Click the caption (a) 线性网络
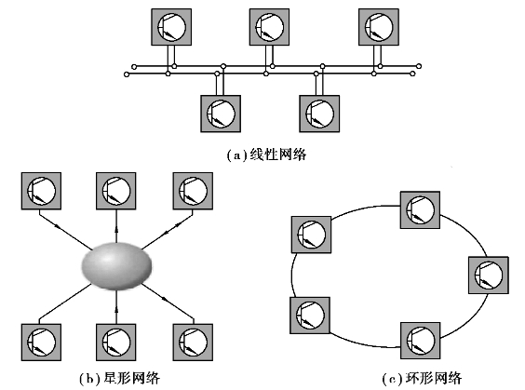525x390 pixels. [266, 155]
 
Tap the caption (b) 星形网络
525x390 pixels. [120, 378]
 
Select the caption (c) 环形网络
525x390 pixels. [422, 378]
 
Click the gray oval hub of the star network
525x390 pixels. [116, 266]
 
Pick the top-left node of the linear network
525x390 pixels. [171, 27]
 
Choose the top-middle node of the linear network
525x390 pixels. [269, 27]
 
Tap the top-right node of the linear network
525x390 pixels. [379, 27]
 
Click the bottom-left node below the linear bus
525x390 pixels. [221, 114]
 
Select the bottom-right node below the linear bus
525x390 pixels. [319, 114]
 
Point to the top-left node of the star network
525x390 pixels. [41, 191]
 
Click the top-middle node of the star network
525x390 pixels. [116, 191]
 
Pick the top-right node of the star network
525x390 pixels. [193, 191]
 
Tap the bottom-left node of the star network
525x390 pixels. [41, 343]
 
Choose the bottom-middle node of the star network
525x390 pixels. [116, 343]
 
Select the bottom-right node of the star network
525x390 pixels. [193, 343]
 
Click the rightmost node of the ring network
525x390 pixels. [489, 276]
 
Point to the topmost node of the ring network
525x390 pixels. [420, 210]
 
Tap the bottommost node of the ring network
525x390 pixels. [421, 341]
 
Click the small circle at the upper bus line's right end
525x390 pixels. [419, 66]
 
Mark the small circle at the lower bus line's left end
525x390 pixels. [127, 74]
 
